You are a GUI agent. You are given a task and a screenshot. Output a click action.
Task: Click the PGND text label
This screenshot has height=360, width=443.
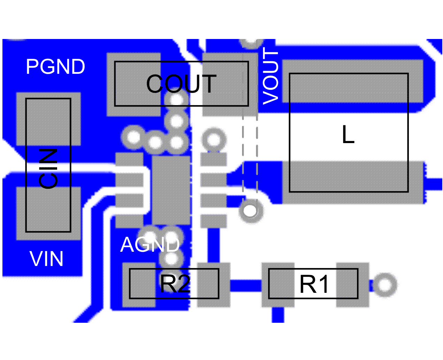(55, 66)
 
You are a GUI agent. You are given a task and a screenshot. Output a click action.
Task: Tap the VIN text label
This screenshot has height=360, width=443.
(47, 259)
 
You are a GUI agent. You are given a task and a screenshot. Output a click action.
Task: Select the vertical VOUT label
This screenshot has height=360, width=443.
(271, 76)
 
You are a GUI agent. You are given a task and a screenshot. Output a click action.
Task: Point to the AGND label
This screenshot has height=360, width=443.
(150, 244)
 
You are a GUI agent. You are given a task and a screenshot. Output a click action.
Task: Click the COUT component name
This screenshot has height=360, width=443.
(181, 84)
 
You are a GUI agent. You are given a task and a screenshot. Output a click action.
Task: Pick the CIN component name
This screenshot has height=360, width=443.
(48, 169)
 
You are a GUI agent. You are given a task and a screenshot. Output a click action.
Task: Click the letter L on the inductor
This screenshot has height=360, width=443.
(348, 135)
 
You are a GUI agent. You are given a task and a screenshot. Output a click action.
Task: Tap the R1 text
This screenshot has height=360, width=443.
(314, 284)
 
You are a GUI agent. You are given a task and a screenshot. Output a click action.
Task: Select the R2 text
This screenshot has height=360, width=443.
(175, 284)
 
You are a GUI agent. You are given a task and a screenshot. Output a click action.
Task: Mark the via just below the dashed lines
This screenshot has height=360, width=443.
(250, 211)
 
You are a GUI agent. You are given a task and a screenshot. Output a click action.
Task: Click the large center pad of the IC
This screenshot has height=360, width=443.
(171, 190)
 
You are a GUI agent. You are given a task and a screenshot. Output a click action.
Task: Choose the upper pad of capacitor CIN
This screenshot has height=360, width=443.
(49, 119)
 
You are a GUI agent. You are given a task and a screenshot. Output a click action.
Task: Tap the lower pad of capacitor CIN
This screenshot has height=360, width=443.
(49, 213)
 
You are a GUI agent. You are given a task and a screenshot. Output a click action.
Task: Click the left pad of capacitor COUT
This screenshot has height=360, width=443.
(133, 84)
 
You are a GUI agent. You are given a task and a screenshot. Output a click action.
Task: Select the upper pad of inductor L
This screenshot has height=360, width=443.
(352, 81)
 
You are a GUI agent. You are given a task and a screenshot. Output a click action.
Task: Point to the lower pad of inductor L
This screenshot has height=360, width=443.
(352, 182)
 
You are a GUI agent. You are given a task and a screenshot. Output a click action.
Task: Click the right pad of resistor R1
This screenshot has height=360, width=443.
(352, 285)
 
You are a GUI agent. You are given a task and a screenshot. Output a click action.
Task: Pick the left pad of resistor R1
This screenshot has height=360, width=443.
(278, 285)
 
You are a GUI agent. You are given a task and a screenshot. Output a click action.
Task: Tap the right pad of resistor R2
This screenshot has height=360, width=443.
(213, 285)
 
